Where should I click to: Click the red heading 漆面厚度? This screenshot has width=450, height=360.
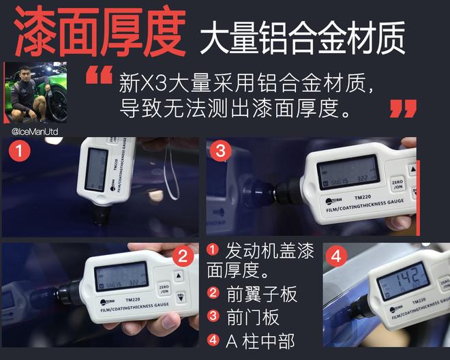(x=99, y=32)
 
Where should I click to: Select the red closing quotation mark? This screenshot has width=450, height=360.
(x=403, y=108)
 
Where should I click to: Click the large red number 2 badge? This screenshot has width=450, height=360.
(x=183, y=257)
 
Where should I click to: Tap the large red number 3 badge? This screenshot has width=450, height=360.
(x=220, y=152)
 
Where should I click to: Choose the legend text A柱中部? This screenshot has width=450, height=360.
(x=260, y=340)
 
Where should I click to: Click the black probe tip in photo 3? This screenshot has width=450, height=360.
(x=260, y=194)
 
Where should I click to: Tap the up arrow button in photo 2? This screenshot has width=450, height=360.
(x=180, y=277)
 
